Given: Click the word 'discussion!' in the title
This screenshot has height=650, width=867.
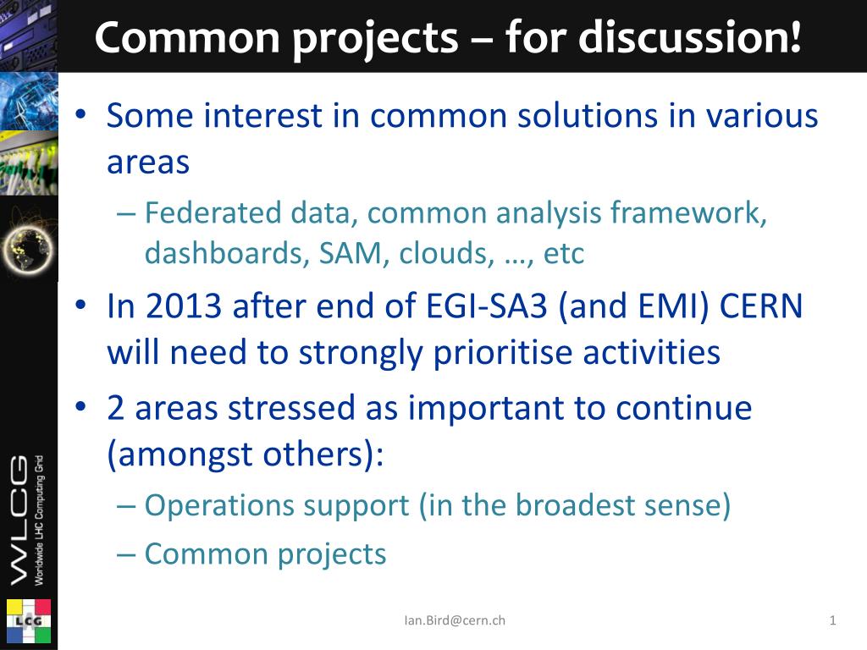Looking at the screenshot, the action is (x=690, y=36).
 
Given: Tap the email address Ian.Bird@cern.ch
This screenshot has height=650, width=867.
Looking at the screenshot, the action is (x=455, y=620).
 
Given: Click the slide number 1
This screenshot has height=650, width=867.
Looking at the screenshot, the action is (x=833, y=620).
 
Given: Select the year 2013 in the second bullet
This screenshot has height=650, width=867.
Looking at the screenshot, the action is (x=184, y=306).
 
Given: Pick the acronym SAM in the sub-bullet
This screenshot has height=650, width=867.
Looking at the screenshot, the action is (x=351, y=253).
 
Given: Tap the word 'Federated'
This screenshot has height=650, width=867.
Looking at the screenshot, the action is (x=213, y=212).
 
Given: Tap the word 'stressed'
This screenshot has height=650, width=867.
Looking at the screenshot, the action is (x=291, y=408).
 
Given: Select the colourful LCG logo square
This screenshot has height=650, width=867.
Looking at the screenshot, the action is (x=29, y=621).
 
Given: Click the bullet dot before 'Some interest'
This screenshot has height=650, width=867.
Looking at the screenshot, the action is (x=81, y=115).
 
